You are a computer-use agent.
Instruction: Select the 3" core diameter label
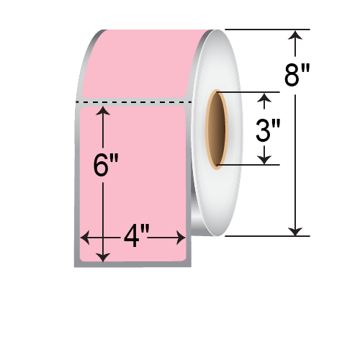pos(267,130)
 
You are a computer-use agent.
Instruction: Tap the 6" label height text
pos(105,166)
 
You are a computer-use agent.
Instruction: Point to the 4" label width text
pos(135,236)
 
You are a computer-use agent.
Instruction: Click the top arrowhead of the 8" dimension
pos(294,35)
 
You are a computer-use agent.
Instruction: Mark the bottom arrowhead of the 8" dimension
pos(294,230)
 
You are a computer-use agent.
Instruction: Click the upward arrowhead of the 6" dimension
pos(105,110)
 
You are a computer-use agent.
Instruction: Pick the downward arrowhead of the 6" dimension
pos(105,256)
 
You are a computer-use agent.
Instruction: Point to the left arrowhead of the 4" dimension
pos(84,236)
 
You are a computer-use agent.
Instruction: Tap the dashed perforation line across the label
pos(133,102)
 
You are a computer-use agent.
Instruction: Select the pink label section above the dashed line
pos(137,65)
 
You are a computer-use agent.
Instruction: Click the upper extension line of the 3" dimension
pos(245,92)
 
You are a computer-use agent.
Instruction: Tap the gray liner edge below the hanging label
pos(133,264)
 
